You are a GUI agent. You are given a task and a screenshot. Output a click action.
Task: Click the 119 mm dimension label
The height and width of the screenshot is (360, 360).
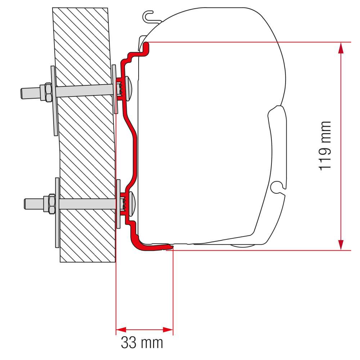pos(325,146)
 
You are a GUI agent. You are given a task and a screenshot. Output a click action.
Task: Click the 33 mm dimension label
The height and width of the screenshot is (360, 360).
pos(142,342)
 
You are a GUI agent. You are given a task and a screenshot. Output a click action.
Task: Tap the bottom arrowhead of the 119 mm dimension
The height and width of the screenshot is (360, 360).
pos(341,244)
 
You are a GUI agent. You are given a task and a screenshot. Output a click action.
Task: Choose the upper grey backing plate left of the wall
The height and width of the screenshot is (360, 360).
pos(53,101)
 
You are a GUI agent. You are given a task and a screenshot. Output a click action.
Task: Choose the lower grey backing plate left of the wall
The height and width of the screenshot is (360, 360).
pos(57,212)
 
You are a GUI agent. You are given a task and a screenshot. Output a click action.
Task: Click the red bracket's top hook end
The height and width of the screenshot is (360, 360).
pos(147,45)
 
